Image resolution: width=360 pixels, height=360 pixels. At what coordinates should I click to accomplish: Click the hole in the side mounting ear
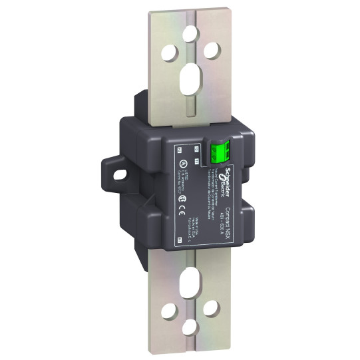(122, 172)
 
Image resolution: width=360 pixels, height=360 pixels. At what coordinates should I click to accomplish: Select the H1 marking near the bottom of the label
(179, 238)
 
